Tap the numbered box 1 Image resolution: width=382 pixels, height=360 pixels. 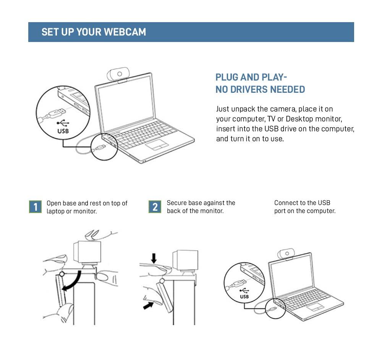pos(36,207)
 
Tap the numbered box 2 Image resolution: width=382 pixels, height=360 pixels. pos(155,207)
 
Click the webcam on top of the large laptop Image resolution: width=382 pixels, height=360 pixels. pos(119,74)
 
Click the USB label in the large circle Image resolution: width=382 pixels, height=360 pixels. pos(63,131)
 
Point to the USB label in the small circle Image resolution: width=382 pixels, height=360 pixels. pos(244,296)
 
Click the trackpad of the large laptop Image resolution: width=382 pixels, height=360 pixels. pos(157,145)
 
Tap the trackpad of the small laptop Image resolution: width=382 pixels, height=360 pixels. pos(316,307)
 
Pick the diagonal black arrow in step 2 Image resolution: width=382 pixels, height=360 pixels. pos(148,305)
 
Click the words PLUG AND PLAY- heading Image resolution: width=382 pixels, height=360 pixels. pos(251,77)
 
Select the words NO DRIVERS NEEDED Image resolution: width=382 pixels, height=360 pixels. pos(260,90)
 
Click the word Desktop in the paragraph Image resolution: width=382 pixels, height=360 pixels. pos(299,119)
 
